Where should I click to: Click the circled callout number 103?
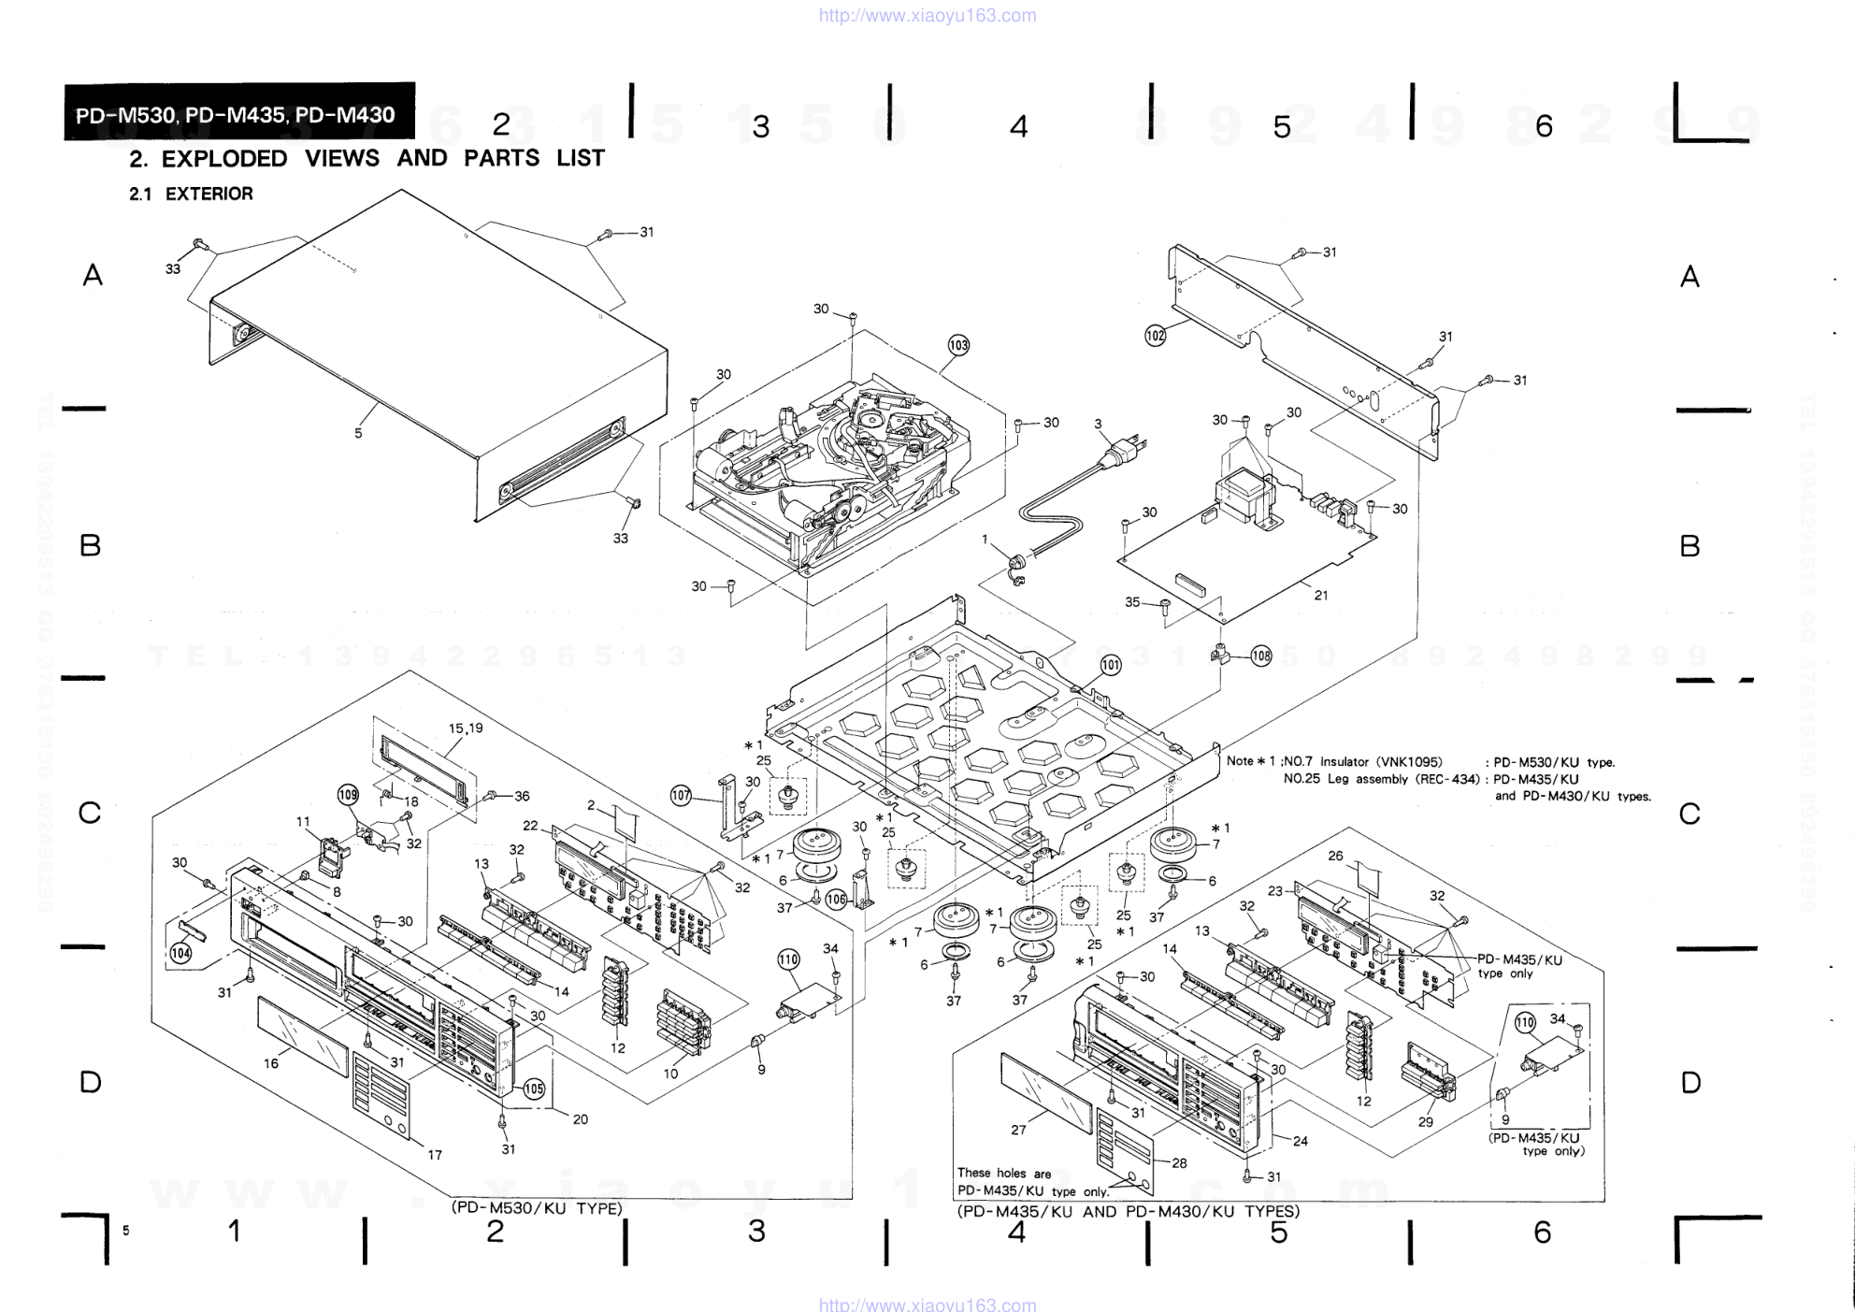pyautogui.click(x=958, y=345)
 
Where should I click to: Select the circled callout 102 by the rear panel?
pyautogui.click(x=1156, y=335)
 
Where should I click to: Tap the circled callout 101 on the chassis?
pyautogui.click(x=1110, y=666)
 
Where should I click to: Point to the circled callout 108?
pyautogui.click(x=1261, y=656)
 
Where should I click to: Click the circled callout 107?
pyautogui.click(x=681, y=796)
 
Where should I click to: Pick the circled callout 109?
pyautogui.click(x=348, y=795)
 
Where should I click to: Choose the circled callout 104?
pyautogui.click(x=180, y=953)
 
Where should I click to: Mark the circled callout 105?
pyautogui.click(x=534, y=1089)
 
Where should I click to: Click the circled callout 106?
pyautogui.click(x=836, y=900)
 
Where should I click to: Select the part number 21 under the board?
pyautogui.click(x=1320, y=595)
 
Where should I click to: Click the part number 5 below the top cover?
pyautogui.click(x=358, y=434)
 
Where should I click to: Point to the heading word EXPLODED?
pyautogui.click(x=224, y=158)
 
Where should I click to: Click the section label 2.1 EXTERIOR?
pyautogui.click(x=191, y=194)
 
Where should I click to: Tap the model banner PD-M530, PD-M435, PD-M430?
pyautogui.click(x=236, y=115)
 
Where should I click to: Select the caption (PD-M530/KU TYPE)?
pyautogui.click(x=537, y=1208)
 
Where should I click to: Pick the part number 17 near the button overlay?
pyautogui.click(x=435, y=1155)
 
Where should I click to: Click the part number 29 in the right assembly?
pyautogui.click(x=1425, y=1122)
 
